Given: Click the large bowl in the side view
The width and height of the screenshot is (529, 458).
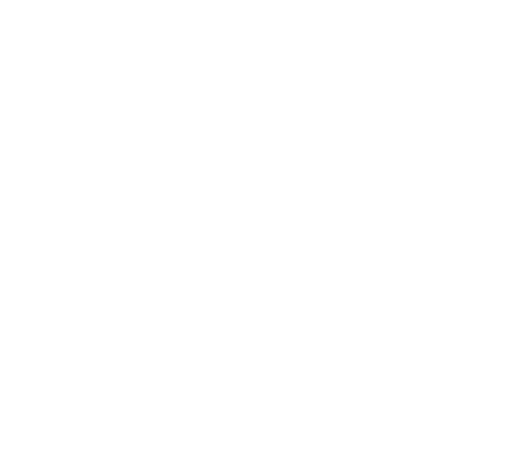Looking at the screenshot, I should tap(194, 357).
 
